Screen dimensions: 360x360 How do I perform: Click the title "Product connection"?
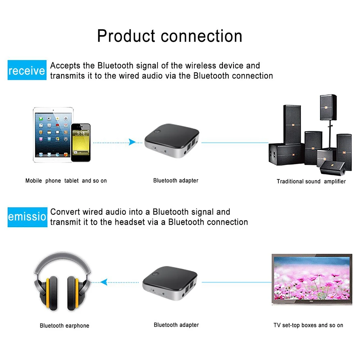pyautogui.click(x=169, y=36)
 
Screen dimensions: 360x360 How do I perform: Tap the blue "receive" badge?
pyautogui.click(x=27, y=70)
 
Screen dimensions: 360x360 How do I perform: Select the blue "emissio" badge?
pyautogui.click(x=27, y=217)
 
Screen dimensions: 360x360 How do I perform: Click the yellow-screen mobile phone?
pyautogui.click(x=81, y=142)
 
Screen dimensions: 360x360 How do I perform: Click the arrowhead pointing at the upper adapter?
pyautogui.click(x=132, y=142)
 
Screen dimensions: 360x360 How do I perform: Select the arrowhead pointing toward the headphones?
pyautogui.click(x=104, y=282)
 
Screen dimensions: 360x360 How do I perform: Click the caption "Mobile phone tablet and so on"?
pyautogui.click(x=66, y=181)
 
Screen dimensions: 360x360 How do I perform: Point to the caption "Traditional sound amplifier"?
pyautogui.click(x=311, y=181)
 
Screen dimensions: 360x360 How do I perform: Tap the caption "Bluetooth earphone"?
pyautogui.click(x=64, y=325)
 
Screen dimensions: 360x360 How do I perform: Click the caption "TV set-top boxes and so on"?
pyautogui.click(x=308, y=325)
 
